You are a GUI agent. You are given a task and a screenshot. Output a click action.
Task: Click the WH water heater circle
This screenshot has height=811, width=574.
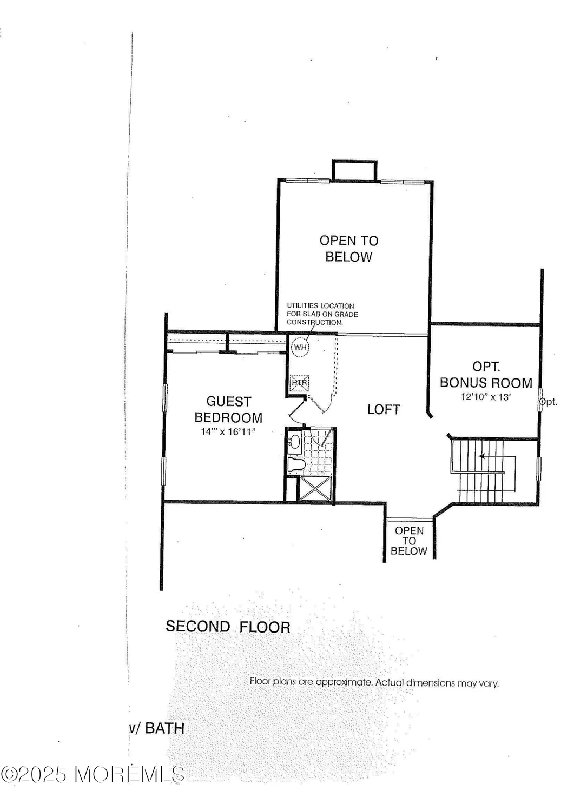tap(300, 347)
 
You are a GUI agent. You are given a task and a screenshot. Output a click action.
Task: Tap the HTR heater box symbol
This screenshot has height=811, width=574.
tap(299, 383)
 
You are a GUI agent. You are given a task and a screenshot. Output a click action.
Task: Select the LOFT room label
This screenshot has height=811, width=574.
tap(384, 410)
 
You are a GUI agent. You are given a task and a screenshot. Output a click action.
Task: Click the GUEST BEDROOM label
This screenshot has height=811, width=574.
tap(228, 410)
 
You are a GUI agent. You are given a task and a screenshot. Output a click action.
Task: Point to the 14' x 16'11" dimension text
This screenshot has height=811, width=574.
tap(228, 432)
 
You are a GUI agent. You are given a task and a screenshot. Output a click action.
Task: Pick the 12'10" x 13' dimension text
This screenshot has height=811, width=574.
tap(486, 397)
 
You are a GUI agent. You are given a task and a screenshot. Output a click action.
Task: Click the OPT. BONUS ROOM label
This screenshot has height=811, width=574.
tap(486, 375)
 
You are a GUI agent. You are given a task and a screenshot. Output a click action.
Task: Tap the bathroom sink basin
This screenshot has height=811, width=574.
tap(295, 442)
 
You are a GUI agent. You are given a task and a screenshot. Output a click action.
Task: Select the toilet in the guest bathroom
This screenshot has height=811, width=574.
tap(295, 464)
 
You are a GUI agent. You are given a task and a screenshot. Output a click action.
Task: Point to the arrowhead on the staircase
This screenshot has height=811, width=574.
tap(481, 456)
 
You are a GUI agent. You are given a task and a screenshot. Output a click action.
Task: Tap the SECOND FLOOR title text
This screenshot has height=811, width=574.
tap(228, 627)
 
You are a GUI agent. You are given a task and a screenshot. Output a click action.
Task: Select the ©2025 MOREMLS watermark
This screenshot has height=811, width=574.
tap(93, 774)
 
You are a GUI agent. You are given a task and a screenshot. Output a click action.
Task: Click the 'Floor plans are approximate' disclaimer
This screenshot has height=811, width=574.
tap(374, 682)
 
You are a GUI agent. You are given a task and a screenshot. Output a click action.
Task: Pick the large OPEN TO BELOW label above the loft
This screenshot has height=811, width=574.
tap(349, 249)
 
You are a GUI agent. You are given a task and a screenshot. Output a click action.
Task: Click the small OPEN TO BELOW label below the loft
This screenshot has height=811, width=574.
tap(409, 541)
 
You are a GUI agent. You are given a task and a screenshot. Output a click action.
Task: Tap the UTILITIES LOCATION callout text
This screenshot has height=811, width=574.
tap(322, 314)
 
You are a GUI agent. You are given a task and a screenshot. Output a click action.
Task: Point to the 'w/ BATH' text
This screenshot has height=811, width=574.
tap(156, 728)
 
